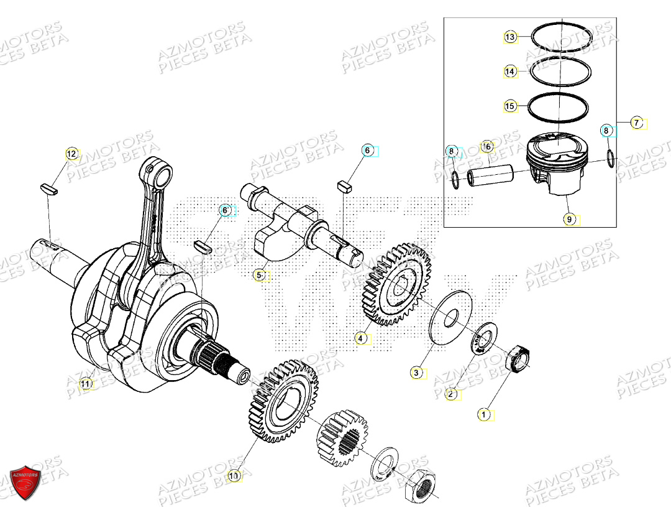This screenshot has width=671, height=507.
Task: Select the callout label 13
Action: tap(510, 37)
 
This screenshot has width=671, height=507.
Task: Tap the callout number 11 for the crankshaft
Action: tap(86, 384)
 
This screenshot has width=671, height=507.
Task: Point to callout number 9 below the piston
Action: tap(568, 219)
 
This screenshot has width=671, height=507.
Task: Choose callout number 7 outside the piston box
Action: tap(636, 123)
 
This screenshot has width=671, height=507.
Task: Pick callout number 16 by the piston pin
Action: tap(486, 147)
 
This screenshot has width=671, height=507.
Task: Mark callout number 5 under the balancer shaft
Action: tap(260, 274)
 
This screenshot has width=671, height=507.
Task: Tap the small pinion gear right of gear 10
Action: tap(342, 437)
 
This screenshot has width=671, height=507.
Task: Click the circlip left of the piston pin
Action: tap(456, 180)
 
